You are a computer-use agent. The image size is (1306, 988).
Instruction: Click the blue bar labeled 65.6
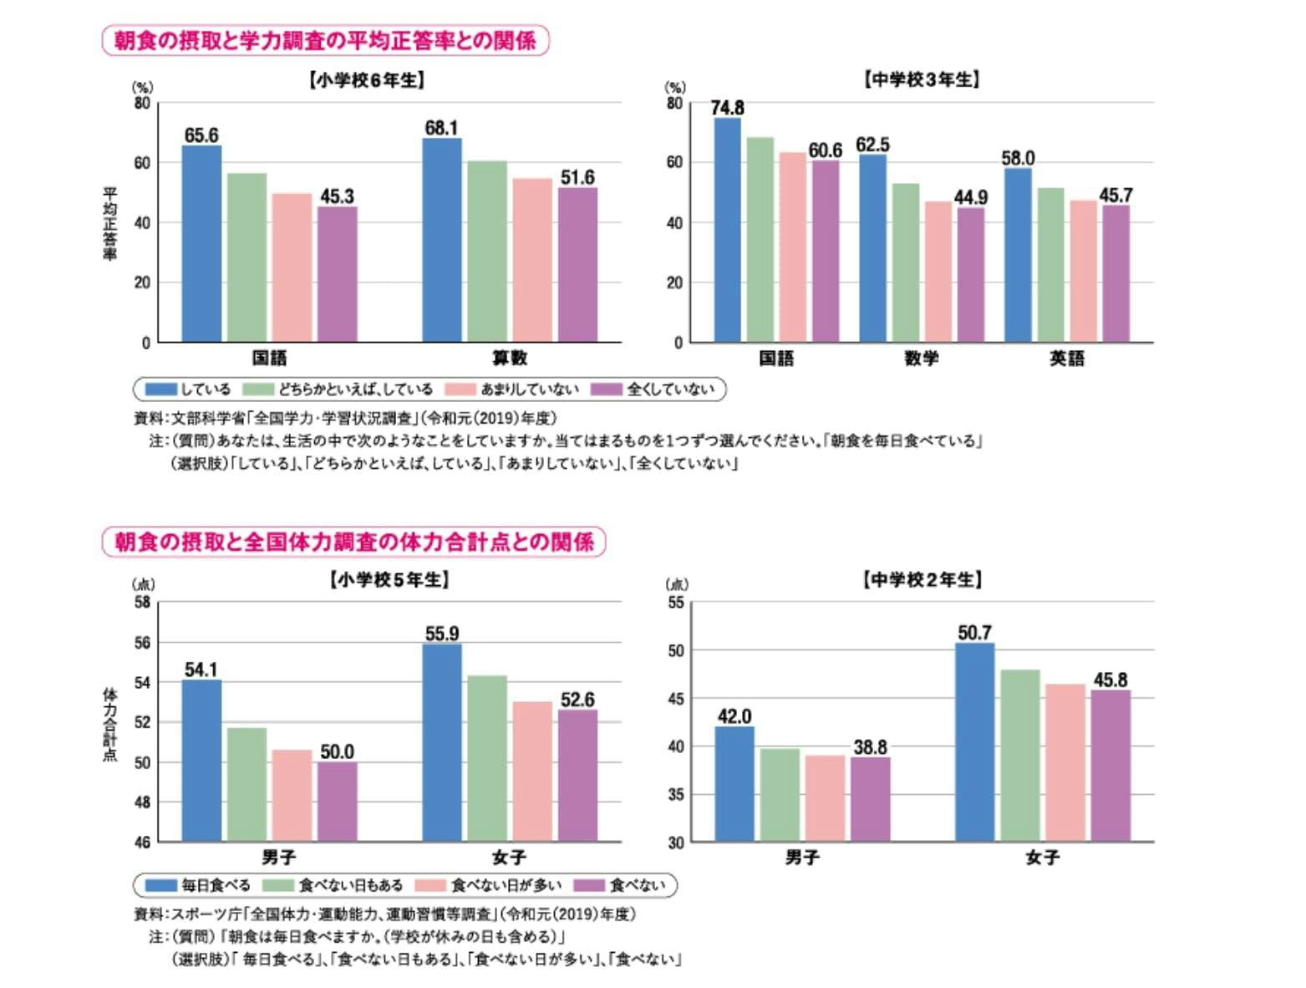click(x=201, y=243)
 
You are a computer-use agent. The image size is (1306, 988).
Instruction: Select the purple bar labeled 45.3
click(x=337, y=274)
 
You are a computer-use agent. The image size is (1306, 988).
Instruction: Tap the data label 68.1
click(x=441, y=128)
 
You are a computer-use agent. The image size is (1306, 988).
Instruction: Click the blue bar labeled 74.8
click(x=727, y=230)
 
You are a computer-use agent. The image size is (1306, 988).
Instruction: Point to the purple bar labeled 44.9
click(x=971, y=275)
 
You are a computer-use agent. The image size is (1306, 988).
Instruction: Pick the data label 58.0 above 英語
click(x=1018, y=158)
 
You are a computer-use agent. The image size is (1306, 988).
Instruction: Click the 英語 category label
click(x=1067, y=359)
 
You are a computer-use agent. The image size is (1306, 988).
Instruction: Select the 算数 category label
click(x=509, y=358)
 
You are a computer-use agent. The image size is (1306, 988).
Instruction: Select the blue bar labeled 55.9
click(x=442, y=742)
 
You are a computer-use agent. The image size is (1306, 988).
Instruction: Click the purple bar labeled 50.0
click(x=337, y=802)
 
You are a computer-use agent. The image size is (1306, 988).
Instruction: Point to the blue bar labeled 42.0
click(x=734, y=784)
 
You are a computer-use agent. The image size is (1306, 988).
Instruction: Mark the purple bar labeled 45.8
click(x=1110, y=766)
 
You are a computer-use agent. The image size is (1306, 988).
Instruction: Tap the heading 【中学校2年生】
click(x=922, y=579)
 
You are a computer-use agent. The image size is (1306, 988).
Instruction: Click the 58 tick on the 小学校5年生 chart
click(x=142, y=603)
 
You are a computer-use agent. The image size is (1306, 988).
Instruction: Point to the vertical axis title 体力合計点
click(x=109, y=725)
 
